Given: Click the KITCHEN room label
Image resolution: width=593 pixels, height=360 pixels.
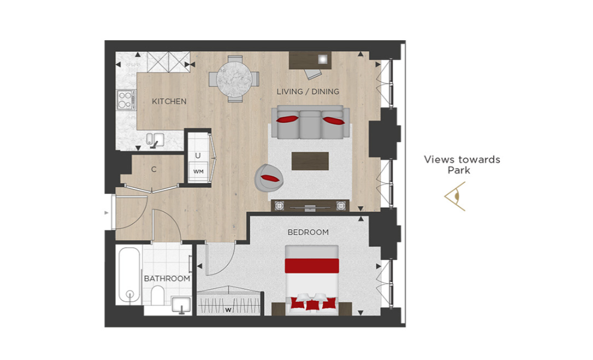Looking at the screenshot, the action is point(169,101).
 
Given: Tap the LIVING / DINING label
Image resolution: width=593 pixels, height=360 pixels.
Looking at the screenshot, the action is point(308,92).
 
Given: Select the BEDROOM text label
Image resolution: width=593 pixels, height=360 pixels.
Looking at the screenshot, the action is point(309,232).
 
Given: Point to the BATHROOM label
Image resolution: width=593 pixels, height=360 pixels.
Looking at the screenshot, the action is point(167,278).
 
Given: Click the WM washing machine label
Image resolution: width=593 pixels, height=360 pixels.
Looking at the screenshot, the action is point(199,172).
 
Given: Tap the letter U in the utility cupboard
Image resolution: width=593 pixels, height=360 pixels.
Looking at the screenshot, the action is point(198,155).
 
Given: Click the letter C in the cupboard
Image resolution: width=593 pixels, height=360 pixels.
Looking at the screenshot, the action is point(154,169).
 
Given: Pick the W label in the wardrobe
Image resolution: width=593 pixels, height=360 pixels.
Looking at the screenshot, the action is point(229,310).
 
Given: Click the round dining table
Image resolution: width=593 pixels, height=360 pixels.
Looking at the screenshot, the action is point(234,79).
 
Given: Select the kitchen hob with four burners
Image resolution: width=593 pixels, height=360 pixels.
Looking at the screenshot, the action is point(126,100).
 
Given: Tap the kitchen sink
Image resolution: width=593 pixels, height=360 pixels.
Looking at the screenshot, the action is point(155,139).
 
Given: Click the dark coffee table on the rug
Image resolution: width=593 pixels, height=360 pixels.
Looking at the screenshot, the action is point(310,161).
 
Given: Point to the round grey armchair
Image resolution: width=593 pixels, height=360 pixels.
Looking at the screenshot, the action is point(269,178).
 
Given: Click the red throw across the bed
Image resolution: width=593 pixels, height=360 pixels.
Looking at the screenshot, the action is point(312,265).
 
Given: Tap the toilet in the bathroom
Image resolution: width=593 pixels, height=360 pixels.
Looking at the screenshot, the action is point(157,295).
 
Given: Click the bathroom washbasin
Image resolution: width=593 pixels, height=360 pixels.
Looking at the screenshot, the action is point(181,305).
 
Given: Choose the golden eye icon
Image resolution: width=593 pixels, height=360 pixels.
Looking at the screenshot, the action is point(455,196).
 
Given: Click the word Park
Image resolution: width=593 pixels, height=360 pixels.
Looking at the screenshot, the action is point(459,170).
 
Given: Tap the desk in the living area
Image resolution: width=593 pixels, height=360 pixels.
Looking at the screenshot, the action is point(310,60).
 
